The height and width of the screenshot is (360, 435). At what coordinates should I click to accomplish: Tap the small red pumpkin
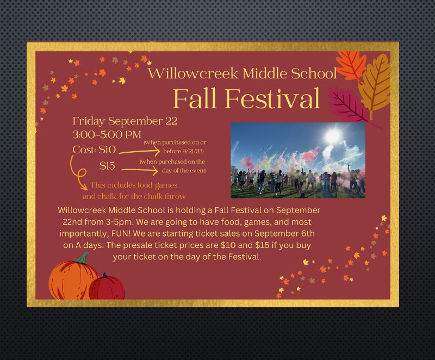click(107, 287)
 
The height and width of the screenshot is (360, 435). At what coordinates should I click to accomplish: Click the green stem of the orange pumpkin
click(83, 258)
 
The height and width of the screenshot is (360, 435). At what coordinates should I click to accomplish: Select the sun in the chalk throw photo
click(333, 136)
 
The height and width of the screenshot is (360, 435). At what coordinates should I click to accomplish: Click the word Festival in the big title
click(272, 99)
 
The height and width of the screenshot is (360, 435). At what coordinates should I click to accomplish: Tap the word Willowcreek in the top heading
click(193, 73)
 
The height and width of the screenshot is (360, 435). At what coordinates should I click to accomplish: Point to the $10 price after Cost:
click(107, 150)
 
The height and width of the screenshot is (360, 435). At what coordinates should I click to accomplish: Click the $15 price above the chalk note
click(107, 166)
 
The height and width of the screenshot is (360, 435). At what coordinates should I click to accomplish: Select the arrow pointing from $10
click(140, 151)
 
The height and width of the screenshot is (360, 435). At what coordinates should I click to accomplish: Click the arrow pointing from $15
click(140, 170)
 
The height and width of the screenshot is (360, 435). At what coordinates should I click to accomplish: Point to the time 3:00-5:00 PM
click(107, 134)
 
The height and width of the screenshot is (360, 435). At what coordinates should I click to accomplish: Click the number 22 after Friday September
click(171, 121)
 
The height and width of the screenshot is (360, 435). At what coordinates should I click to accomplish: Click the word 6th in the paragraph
click(308, 233)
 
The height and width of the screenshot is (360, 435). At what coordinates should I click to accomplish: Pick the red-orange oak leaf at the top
click(351, 66)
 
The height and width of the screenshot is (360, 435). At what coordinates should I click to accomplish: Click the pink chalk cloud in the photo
click(311, 155)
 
